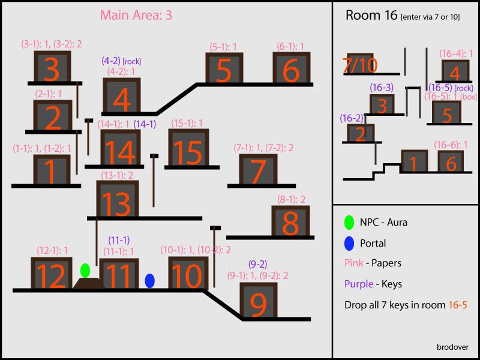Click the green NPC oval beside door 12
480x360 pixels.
(x=85, y=271)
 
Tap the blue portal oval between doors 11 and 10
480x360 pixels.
(x=149, y=281)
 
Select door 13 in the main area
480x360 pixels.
(x=118, y=199)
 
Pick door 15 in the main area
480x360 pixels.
(x=188, y=148)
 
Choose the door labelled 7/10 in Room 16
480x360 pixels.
(x=360, y=64)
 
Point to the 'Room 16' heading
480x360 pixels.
(x=371, y=14)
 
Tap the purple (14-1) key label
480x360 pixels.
(x=145, y=124)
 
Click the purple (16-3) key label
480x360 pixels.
(x=382, y=88)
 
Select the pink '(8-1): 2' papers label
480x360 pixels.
(x=292, y=200)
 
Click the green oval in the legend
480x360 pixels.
(x=349, y=222)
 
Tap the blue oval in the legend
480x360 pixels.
(x=349, y=244)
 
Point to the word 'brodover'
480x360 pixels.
(x=452, y=347)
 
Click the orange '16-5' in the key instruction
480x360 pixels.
(x=458, y=305)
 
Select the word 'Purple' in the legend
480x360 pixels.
(x=359, y=284)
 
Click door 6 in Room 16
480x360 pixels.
(x=451, y=161)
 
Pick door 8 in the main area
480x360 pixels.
(x=290, y=221)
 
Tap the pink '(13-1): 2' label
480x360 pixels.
(x=117, y=175)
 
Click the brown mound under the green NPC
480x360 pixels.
(x=89, y=283)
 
